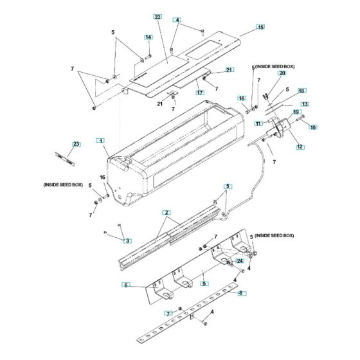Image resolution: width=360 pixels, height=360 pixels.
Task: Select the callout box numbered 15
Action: click(260, 27)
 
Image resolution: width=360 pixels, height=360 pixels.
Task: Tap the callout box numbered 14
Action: click(148, 38)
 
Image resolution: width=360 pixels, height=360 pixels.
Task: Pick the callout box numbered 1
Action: click(100, 139)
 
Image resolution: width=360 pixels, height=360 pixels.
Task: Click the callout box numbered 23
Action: click(76, 144)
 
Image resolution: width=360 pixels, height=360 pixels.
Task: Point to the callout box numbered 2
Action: click(166, 212)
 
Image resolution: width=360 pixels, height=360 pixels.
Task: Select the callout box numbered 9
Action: click(203, 283)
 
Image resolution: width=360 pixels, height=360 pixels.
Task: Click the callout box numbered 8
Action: click(241, 293)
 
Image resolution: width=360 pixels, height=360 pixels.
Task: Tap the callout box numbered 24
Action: click(240, 261)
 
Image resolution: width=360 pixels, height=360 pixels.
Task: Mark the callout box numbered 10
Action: click(313, 127)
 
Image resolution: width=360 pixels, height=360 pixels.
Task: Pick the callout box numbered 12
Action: click(300, 147)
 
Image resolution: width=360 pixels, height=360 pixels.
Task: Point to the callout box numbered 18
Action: click(301, 91)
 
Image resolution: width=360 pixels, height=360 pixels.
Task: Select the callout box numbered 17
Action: click(199, 93)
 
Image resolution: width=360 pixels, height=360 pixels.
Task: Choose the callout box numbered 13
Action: click(305, 104)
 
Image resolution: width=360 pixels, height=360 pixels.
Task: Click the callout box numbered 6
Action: click(126, 285)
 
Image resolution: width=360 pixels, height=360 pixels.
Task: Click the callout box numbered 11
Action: click(258, 123)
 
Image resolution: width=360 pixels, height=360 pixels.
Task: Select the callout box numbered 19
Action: click(297, 113)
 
